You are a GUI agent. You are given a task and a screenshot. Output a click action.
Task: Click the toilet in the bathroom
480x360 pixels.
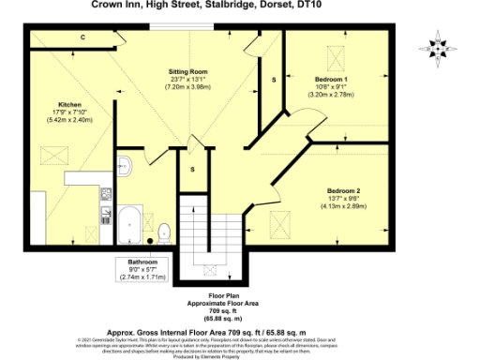(x=163, y=230)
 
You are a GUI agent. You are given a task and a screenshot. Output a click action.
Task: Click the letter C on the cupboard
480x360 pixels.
(x=82, y=38)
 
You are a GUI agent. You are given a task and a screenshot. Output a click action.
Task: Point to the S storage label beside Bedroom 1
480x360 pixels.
(x=274, y=80)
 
